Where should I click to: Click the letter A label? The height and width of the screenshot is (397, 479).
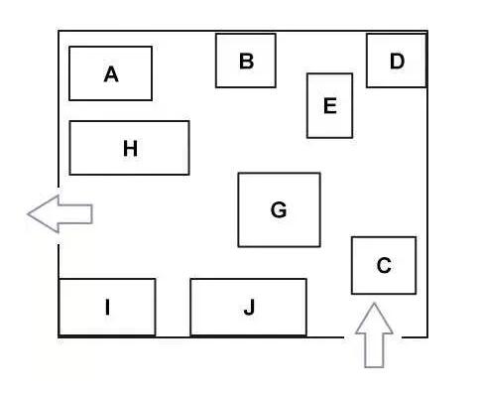click(111, 74)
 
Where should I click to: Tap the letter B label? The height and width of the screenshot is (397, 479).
click(246, 62)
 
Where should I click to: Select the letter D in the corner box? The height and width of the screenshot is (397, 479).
click(397, 62)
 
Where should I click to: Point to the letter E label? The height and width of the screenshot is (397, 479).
click(330, 106)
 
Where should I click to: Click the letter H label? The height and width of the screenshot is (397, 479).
click(130, 149)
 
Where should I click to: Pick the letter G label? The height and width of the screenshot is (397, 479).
click(279, 209)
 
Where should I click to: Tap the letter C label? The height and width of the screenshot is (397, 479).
click(384, 265)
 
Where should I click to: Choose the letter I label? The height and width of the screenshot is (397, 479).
click(107, 307)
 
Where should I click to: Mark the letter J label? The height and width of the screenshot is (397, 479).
click(250, 308)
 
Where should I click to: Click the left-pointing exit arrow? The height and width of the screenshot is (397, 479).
click(60, 214)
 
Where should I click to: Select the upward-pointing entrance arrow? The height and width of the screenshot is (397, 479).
click(374, 335)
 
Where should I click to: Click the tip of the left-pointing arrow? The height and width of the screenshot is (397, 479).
click(28, 214)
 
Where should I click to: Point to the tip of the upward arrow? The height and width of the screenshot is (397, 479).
click(374, 304)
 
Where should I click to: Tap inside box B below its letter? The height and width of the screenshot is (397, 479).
click(246, 78)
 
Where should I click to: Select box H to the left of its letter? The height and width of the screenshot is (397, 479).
click(96, 148)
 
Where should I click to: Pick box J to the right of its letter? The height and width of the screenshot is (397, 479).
click(281, 308)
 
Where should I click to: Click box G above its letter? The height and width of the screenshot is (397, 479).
click(279, 187)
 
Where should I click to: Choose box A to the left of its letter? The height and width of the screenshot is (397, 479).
click(86, 73)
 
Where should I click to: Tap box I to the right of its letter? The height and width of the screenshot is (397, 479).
click(132, 308)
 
